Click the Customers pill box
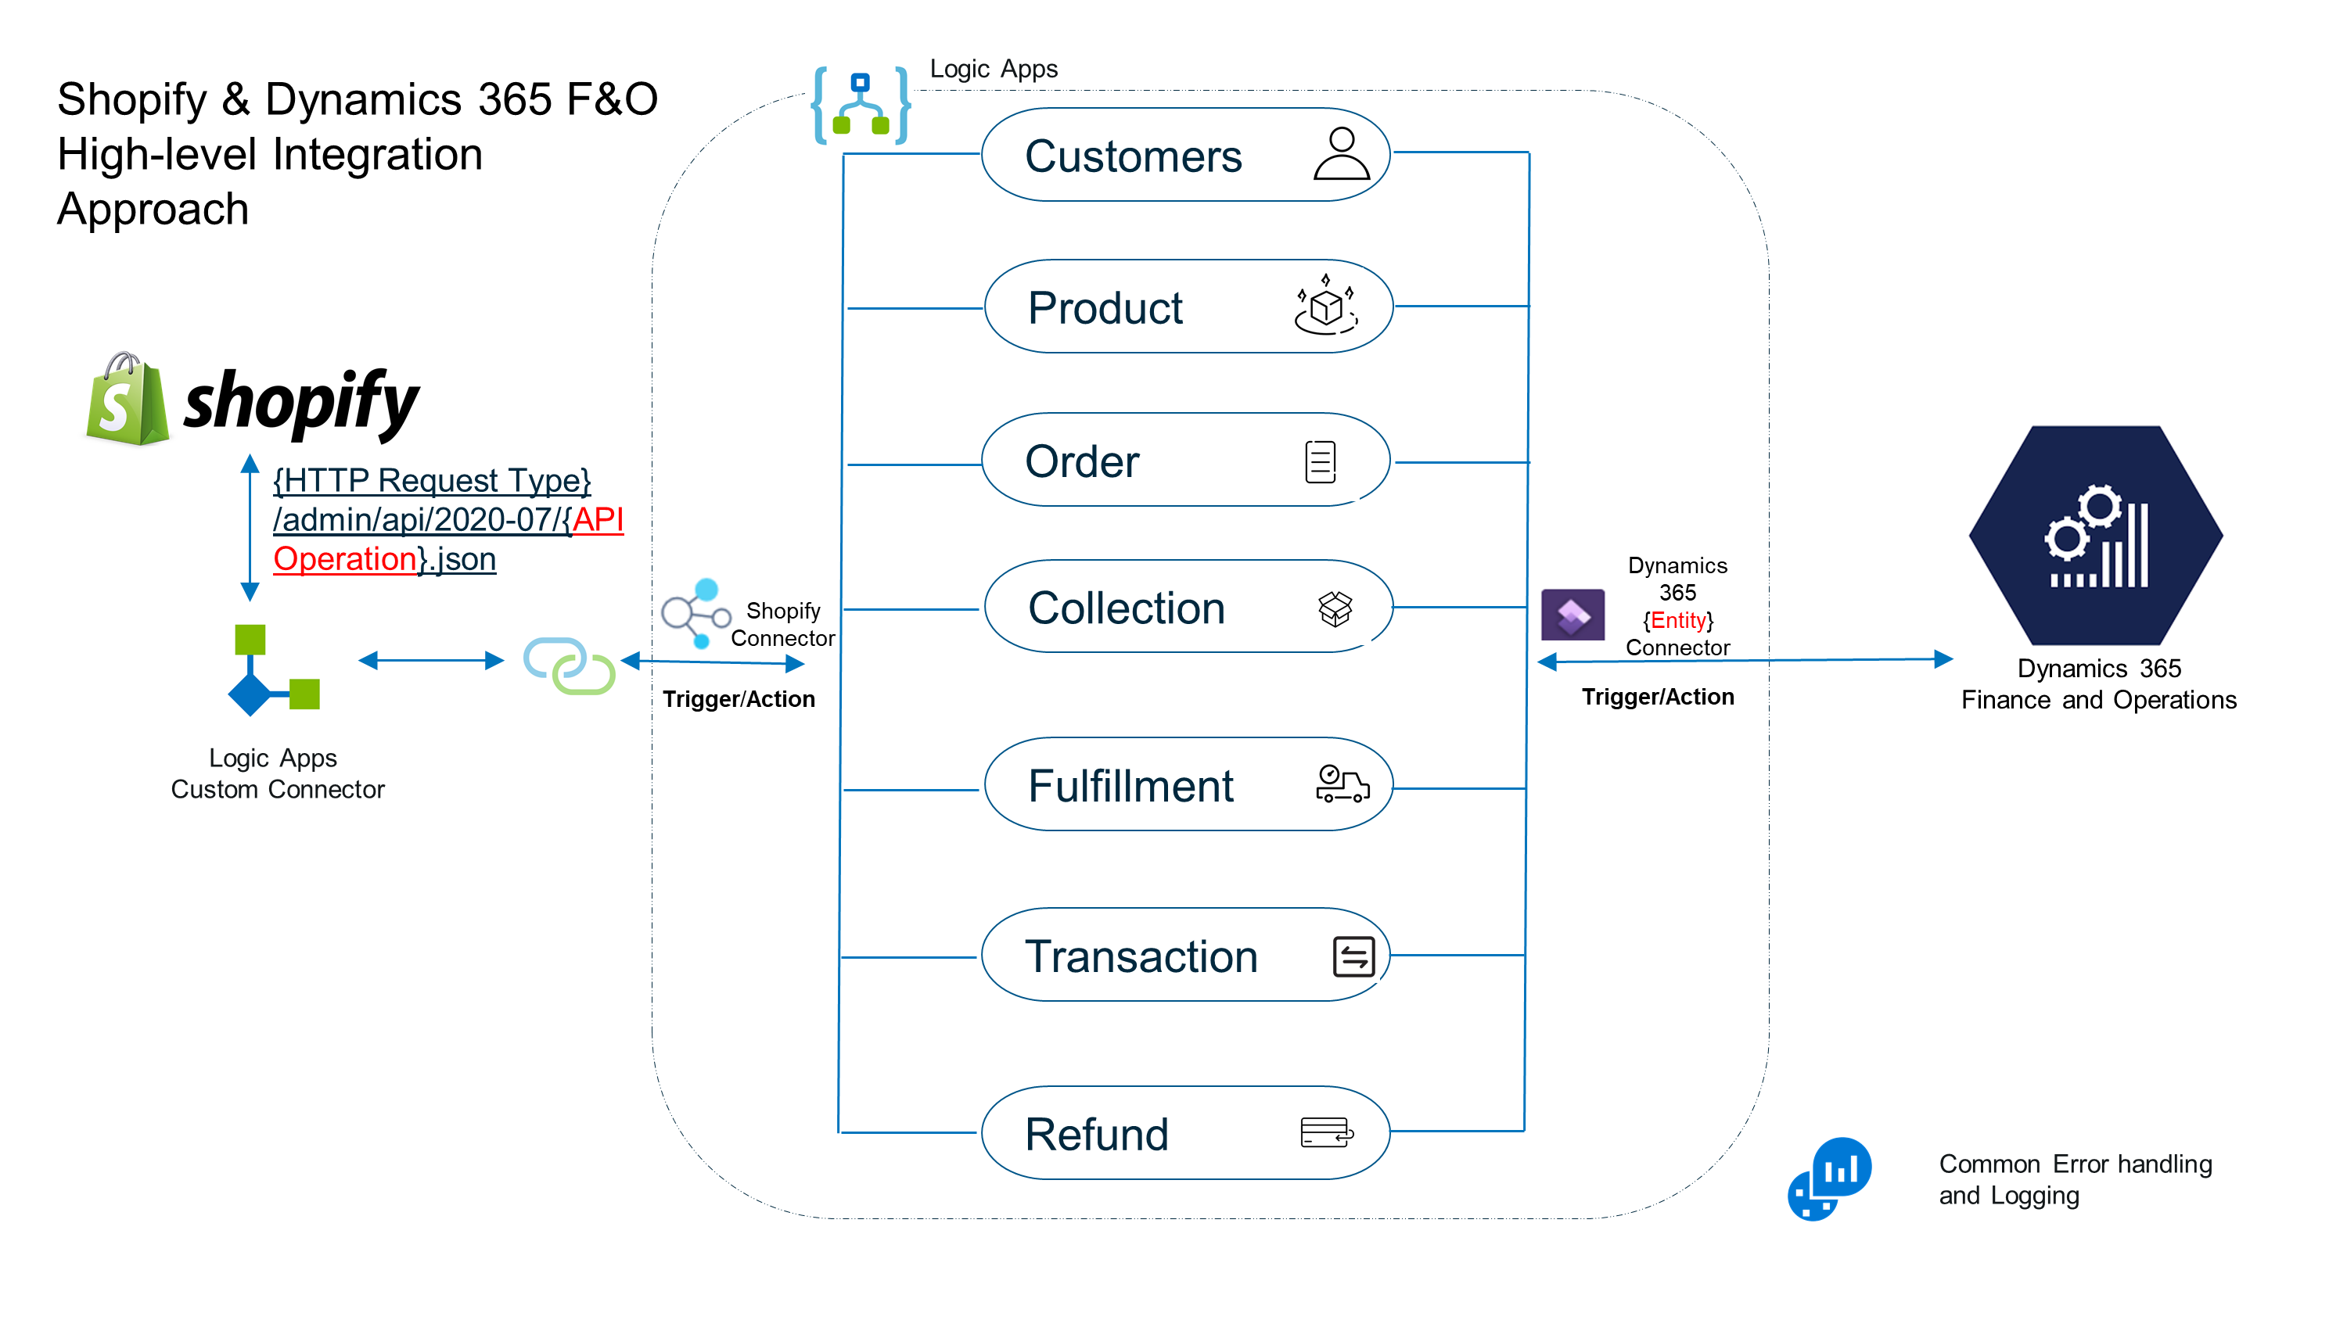click(1184, 155)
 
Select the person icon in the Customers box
click(1341, 153)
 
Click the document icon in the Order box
click(1321, 461)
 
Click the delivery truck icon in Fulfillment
click(1342, 784)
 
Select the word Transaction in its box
click(1141, 956)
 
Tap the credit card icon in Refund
click(1327, 1132)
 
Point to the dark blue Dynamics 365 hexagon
click(2096, 536)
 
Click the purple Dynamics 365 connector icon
click(1572, 615)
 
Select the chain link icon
click(570, 665)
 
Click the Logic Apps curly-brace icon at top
click(860, 106)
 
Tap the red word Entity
click(1677, 620)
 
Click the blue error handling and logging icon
click(1830, 1178)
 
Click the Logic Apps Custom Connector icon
click(272, 670)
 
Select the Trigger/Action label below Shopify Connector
click(738, 699)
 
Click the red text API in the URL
click(598, 519)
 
